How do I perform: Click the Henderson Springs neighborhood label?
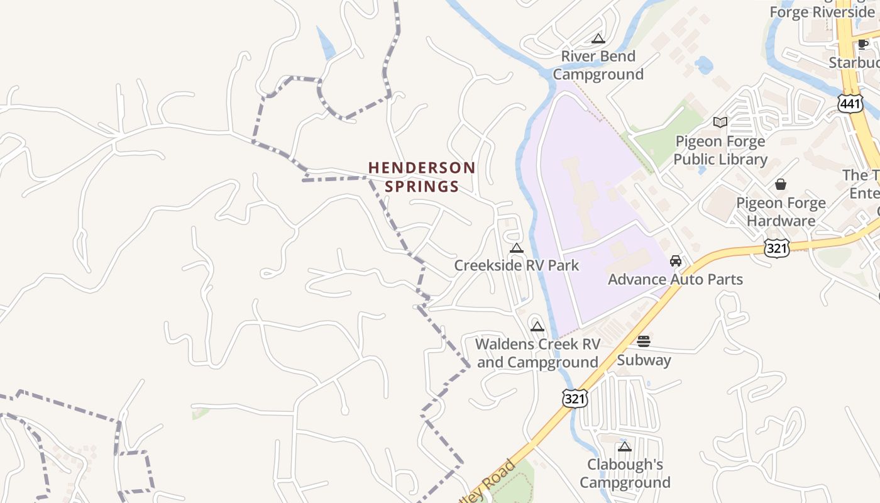pyautogui.click(x=422, y=177)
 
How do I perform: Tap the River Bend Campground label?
pyautogui.click(x=598, y=65)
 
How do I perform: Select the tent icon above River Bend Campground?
pyautogui.click(x=598, y=39)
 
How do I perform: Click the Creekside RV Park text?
pyautogui.click(x=517, y=265)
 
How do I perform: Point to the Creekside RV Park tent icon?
pyautogui.click(x=517, y=248)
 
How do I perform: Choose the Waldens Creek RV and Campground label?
pyautogui.click(x=537, y=353)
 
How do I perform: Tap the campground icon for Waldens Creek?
pyautogui.click(x=537, y=326)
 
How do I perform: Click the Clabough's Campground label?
pyautogui.click(x=625, y=473)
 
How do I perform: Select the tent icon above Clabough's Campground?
pyautogui.click(x=624, y=446)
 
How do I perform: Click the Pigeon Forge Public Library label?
pyautogui.click(x=720, y=150)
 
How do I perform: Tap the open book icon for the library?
pyautogui.click(x=720, y=122)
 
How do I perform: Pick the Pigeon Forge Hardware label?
pyautogui.click(x=781, y=212)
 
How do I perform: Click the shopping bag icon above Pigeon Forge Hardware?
pyautogui.click(x=781, y=184)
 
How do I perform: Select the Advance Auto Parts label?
pyautogui.click(x=675, y=279)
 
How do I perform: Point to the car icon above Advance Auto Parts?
pyautogui.click(x=676, y=260)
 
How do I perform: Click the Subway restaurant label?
pyautogui.click(x=644, y=360)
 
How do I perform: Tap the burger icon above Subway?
pyautogui.click(x=644, y=341)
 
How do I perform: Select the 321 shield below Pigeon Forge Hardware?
pyautogui.click(x=777, y=248)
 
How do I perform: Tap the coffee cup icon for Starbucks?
pyautogui.click(x=863, y=44)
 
